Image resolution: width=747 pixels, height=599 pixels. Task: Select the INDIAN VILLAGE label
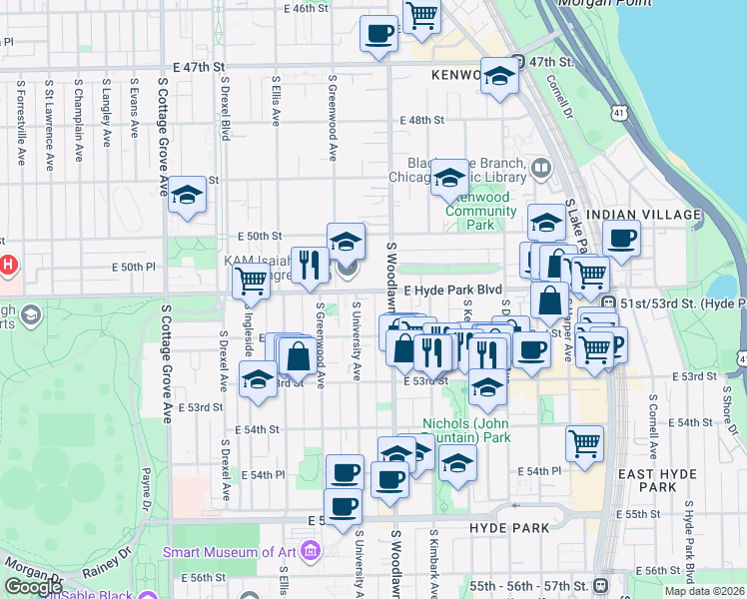[646, 215]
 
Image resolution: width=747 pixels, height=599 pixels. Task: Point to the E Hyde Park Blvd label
[451, 289]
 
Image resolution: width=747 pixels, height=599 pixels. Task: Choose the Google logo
[33, 587]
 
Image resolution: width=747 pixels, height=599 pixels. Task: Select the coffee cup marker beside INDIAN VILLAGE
[621, 239]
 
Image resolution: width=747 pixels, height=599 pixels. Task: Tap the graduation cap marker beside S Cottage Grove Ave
[187, 196]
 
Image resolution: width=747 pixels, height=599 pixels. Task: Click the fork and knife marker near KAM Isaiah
[310, 265]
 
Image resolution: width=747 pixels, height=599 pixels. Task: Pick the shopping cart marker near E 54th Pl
[584, 442]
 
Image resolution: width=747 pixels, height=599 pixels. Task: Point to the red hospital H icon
[8, 267]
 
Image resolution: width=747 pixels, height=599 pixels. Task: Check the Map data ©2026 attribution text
[704, 591]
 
